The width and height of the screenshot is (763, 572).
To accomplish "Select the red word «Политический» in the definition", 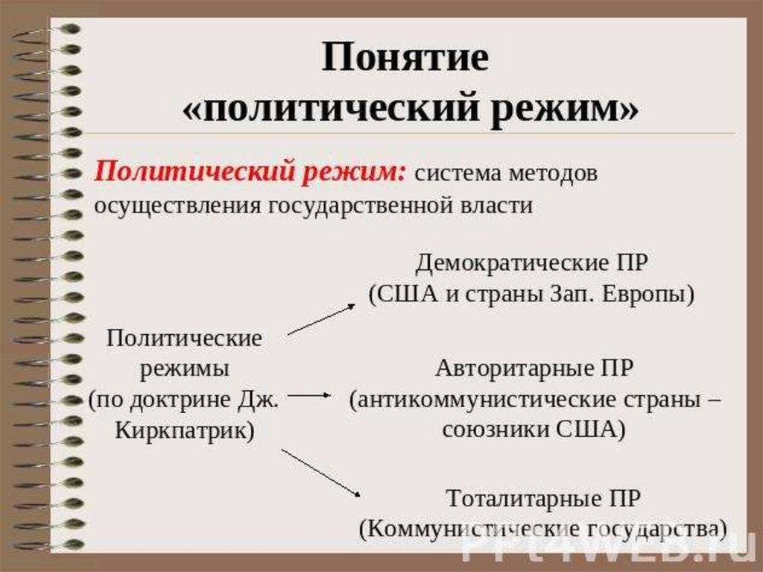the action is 194,174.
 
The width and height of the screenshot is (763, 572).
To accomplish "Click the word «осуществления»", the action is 176,206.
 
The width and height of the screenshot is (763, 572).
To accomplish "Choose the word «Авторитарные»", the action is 514,368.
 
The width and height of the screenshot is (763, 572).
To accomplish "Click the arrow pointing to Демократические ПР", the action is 322,318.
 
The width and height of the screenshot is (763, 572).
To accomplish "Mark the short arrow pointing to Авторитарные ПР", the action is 308,395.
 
